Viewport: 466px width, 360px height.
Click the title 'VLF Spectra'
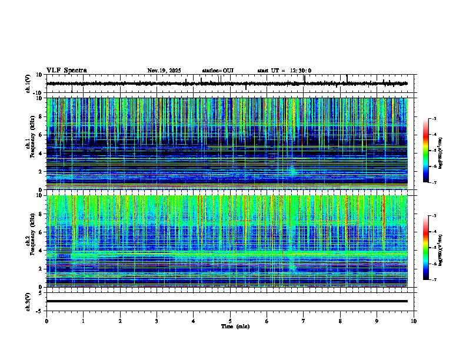click(x=66, y=71)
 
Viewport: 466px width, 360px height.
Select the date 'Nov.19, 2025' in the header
click(x=164, y=71)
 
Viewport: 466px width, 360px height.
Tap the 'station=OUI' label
click(x=218, y=71)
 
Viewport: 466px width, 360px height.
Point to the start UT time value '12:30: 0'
click(x=301, y=71)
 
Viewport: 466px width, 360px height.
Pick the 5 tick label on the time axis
click(x=230, y=321)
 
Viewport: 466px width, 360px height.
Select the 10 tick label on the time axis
click(x=414, y=321)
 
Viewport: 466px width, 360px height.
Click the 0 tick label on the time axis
click(x=46, y=321)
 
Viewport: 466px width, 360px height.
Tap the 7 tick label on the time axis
click(x=304, y=321)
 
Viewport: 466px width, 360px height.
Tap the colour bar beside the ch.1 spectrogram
click(x=425, y=151)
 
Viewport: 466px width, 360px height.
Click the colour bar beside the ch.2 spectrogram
click(x=425, y=248)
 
